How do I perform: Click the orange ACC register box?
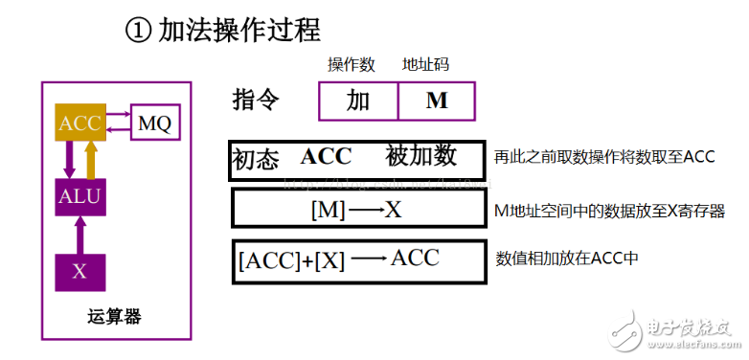[x=79, y=123]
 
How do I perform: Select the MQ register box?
[x=154, y=123]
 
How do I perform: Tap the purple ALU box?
[x=79, y=198]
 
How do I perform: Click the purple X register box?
[x=79, y=272]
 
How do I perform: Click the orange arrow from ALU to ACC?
[x=91, y=160]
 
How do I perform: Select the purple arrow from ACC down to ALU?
[x=69, y=160]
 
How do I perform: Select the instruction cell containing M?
[x=437, y=101]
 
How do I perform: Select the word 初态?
[x=256, y=159]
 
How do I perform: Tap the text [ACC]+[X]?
[x=290, y=259]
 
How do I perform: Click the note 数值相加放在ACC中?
[x=566, y=259]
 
